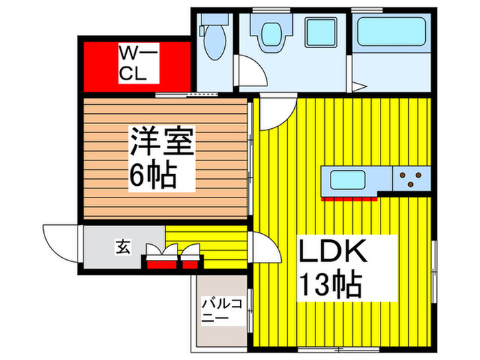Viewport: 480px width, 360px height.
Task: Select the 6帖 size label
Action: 154,177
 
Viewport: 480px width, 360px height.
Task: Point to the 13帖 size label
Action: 329,283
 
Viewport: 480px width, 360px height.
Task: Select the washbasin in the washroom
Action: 270,32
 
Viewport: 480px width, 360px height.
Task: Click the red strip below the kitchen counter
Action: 350,197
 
